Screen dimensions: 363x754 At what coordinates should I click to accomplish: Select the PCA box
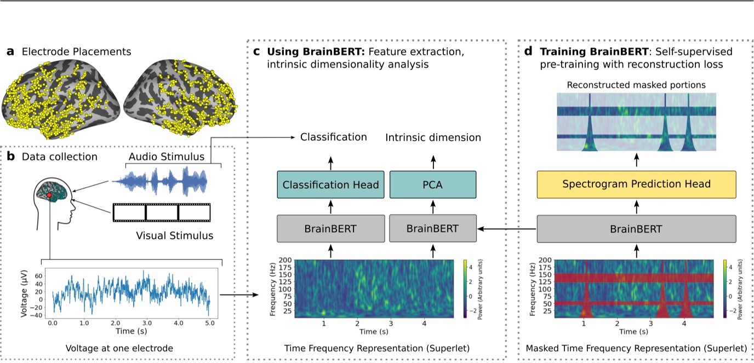[433, 185]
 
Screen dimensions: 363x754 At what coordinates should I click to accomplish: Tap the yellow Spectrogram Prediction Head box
[636, 184]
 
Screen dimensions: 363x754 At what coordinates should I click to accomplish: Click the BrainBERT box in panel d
[636, 229]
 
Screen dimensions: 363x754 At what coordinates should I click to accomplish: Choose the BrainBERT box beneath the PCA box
[433, 229]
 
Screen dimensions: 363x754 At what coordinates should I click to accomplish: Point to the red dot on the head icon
[49, 195]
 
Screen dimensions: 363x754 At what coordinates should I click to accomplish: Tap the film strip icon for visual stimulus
[161, 213]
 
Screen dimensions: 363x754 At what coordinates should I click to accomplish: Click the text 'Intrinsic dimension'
[433, 137]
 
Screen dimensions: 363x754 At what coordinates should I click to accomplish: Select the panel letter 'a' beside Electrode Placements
[10, 52]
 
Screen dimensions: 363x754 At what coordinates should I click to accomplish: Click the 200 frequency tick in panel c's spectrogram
[285, 260]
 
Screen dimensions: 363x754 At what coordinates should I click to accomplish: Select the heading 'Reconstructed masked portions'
[636, 85]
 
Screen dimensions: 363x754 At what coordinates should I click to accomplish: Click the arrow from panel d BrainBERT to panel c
[507, 229]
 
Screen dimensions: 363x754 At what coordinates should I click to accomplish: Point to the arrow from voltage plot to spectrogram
[239, 296]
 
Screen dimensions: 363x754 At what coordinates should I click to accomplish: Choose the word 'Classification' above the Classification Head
[334, 137]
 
